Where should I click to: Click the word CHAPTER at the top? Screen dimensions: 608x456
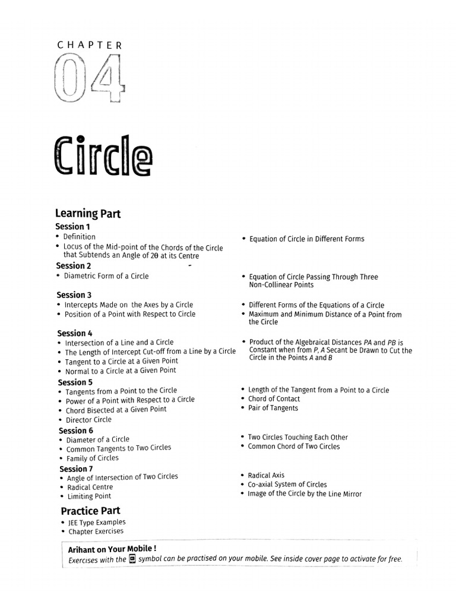[90, 45]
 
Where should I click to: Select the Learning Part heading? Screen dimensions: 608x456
[88, 214]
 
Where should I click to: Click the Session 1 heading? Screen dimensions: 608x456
[73, 227]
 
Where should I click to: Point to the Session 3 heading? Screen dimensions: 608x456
[74, 295]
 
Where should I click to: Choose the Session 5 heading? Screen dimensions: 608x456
[75, 382]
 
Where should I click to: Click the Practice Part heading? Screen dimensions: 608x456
[90, 511]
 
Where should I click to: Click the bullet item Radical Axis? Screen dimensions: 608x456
[266, 475]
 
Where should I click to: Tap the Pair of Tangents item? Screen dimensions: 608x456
[273, 408]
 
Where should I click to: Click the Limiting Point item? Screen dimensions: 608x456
[89, 496]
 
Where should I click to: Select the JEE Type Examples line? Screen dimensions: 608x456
[96, 522]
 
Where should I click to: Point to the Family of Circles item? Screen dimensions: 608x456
[92, 458]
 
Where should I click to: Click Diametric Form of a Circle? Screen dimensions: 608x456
[106, 276]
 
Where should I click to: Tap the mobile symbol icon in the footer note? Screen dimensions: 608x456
[132, 559]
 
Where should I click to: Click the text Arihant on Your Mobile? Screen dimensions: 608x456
[112, 550]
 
